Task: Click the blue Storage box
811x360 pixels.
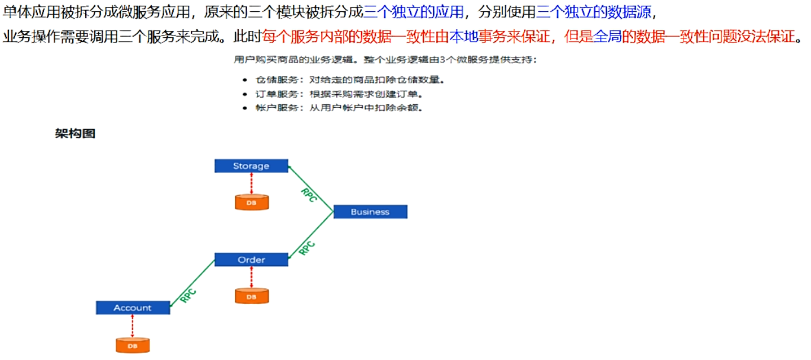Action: pos(251,166)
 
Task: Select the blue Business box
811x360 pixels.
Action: pos(370,212)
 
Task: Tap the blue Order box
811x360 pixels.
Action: pos(251,260)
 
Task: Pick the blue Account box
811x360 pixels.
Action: pos(133,308)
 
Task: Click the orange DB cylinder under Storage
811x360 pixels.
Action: pos(251,202)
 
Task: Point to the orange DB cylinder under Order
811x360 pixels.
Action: pos(251,296)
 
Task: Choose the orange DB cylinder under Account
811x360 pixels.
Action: pos(133,345)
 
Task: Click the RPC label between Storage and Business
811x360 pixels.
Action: pos(309,195)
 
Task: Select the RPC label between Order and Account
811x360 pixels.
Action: pos(188,295)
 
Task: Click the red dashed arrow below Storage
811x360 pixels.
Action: pos(251,183)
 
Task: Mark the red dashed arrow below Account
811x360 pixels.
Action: pos(133,326)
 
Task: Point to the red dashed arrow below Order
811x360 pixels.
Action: pos(251,276)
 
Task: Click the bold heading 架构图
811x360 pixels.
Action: pos(75,134)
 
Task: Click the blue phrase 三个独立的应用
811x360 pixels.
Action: pos(413,12)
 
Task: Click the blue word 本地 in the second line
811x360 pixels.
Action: pos(463,37)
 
